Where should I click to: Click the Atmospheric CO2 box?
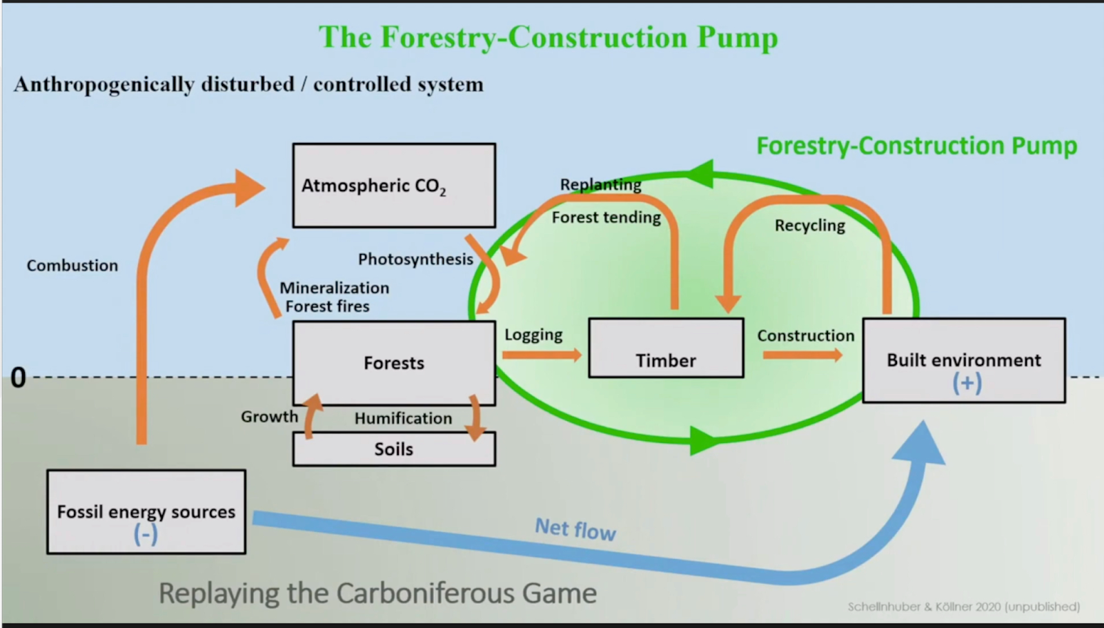point(393,185)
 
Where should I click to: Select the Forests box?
point(393,363)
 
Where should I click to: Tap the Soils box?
point(393,449)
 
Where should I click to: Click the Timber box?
point(666,349)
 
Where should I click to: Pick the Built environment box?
point(963,360)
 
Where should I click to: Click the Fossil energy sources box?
point(146,512)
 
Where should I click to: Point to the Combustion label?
point(72,266)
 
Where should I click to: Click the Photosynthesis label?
point(415,259)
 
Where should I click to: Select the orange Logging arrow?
point(542,355)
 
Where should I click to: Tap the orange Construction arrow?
point(802,355)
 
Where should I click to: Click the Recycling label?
point(809,226)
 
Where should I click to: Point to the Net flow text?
point(575,529)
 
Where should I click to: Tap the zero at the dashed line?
point(18,377)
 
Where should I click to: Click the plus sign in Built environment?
point(967,383)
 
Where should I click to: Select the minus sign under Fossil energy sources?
point(146,535)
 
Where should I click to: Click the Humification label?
point(403,418)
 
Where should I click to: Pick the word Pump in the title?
point(737,37)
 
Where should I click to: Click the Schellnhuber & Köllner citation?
point(963,607)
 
